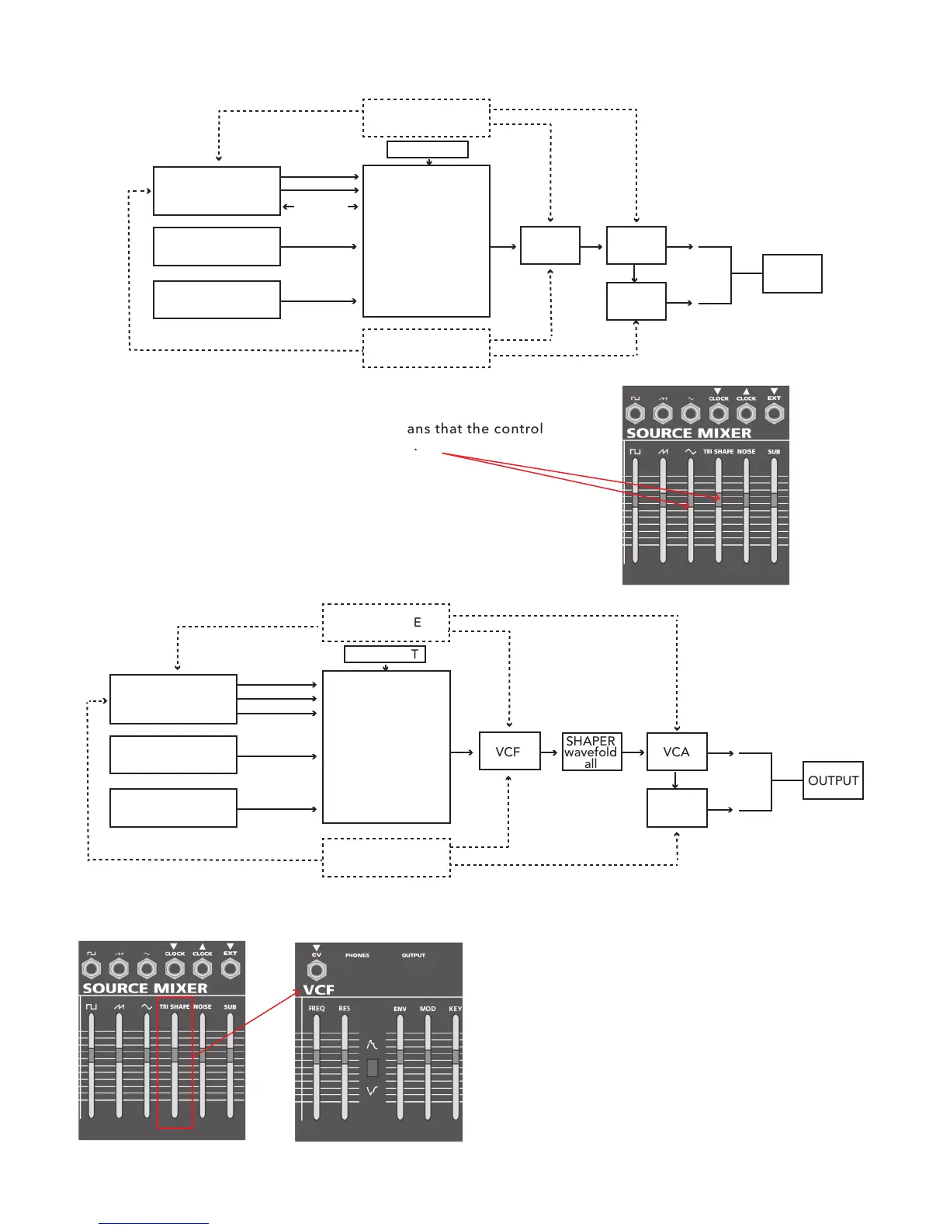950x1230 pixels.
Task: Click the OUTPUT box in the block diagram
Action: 833,780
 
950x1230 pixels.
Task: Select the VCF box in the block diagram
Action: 509,752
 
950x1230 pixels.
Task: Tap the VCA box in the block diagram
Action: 676,752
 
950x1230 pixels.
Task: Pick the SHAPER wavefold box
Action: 591,752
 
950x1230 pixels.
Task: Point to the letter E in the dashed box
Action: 418,622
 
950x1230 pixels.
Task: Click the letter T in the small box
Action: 415,655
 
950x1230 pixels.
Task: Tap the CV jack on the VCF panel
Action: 317,970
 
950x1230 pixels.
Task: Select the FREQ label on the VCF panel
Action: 317,1009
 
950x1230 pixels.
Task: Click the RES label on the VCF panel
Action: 345,1009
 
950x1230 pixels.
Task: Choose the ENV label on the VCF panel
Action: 400,1009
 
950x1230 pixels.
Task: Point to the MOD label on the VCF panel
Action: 428,1009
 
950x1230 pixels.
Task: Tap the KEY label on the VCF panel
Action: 455,1009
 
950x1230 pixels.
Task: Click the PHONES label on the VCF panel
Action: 357,955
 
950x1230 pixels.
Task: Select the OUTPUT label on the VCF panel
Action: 414,955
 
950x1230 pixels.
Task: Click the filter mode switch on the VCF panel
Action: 373,1068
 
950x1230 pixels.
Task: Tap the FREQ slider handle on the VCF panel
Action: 317,1056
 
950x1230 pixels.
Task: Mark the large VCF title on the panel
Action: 319,989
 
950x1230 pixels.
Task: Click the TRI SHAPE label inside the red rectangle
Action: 174,1006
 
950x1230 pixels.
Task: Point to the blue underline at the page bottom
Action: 154,1223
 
